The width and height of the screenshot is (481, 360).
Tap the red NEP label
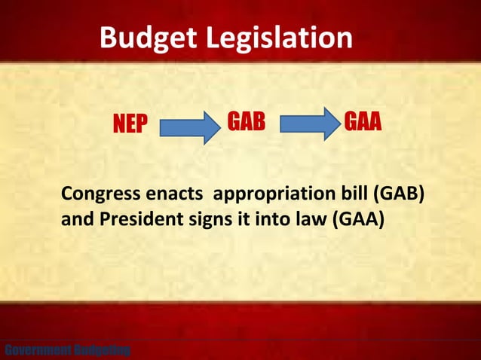tap(130, 125)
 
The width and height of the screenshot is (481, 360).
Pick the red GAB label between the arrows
tap(247, 122)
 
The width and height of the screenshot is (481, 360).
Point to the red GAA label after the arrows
tap(363, 122)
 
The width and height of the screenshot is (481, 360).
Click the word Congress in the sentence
tap(97, 194)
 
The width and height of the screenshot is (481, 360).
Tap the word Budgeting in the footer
tap(101, 350)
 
